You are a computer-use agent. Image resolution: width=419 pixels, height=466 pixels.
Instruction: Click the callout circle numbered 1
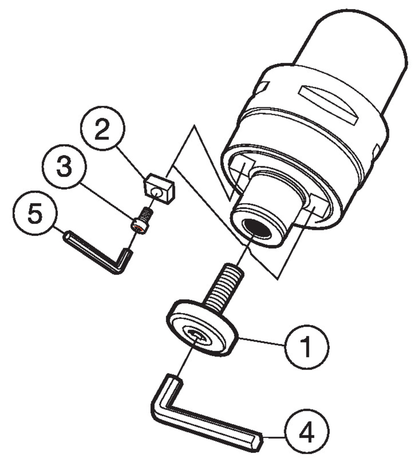[x=306, y=347]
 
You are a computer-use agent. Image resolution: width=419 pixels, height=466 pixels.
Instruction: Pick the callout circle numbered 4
[x=307, y=432]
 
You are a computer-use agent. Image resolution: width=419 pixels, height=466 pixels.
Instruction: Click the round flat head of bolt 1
[x=202, y=329]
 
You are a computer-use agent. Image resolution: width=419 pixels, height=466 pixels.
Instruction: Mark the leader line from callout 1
[x=261, y=341]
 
